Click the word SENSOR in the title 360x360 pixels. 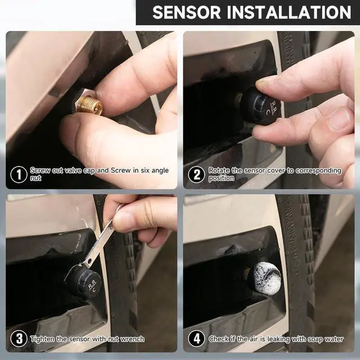click(186, 12)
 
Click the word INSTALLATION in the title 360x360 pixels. click(289, 12)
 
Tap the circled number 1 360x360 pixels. click(19, 175)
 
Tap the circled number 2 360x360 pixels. click(196, 175)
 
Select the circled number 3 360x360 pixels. click(19, 339)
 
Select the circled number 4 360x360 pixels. click(196, 339)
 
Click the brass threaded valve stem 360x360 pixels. click(89, 105)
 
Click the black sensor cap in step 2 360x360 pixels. click(261, 106)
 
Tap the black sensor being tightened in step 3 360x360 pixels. click(84, 282)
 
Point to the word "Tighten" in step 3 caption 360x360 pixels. click(43, 339)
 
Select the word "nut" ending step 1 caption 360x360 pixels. click(35, 178)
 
